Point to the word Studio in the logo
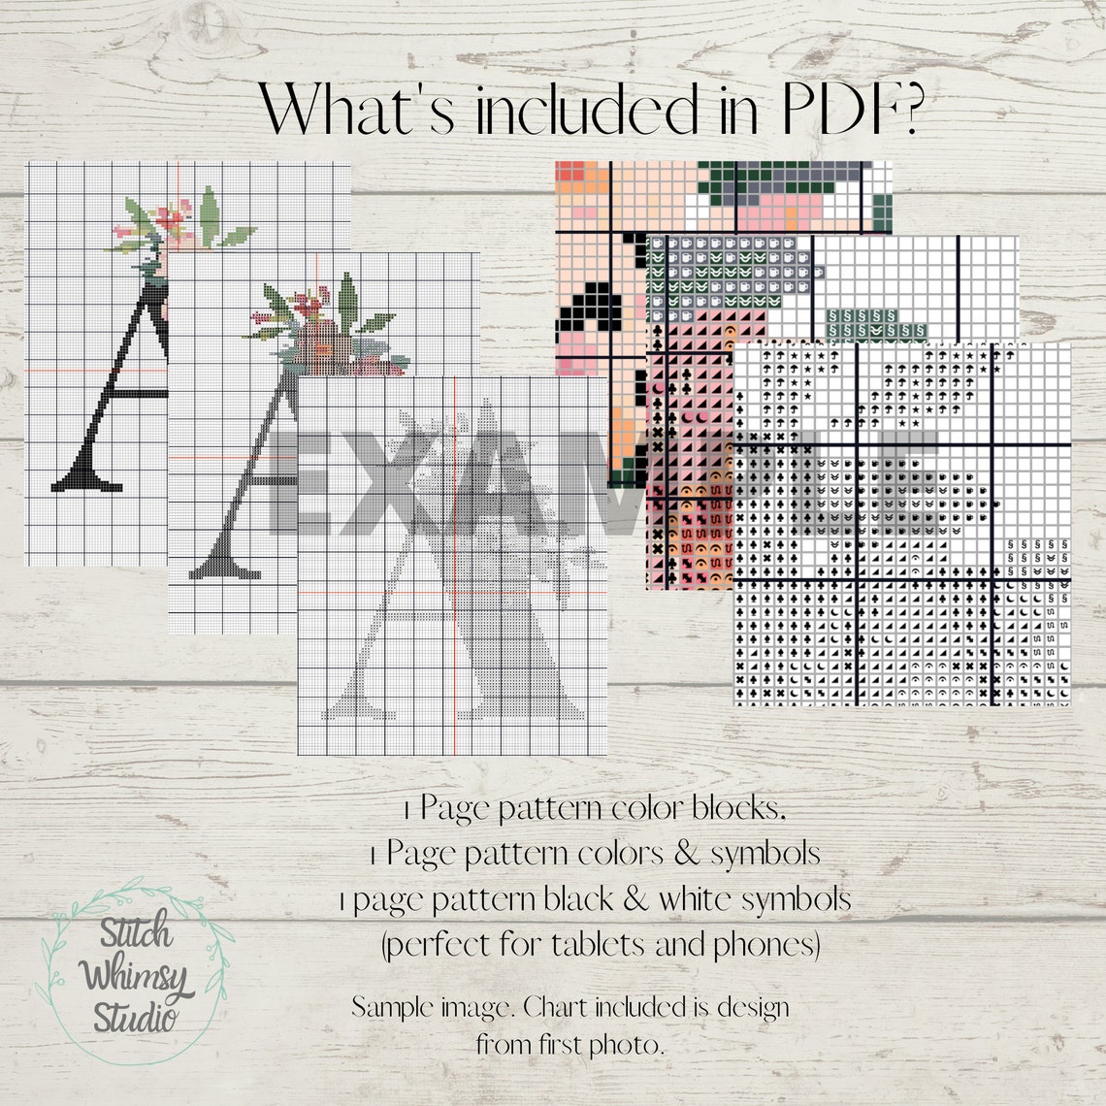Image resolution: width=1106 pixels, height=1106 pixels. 136,1017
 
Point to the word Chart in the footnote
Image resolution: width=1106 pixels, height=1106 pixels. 555,1006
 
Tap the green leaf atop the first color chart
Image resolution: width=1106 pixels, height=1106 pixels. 209,210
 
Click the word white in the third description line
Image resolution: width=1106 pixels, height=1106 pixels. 696,899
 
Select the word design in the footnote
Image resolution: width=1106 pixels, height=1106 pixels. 752,1007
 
